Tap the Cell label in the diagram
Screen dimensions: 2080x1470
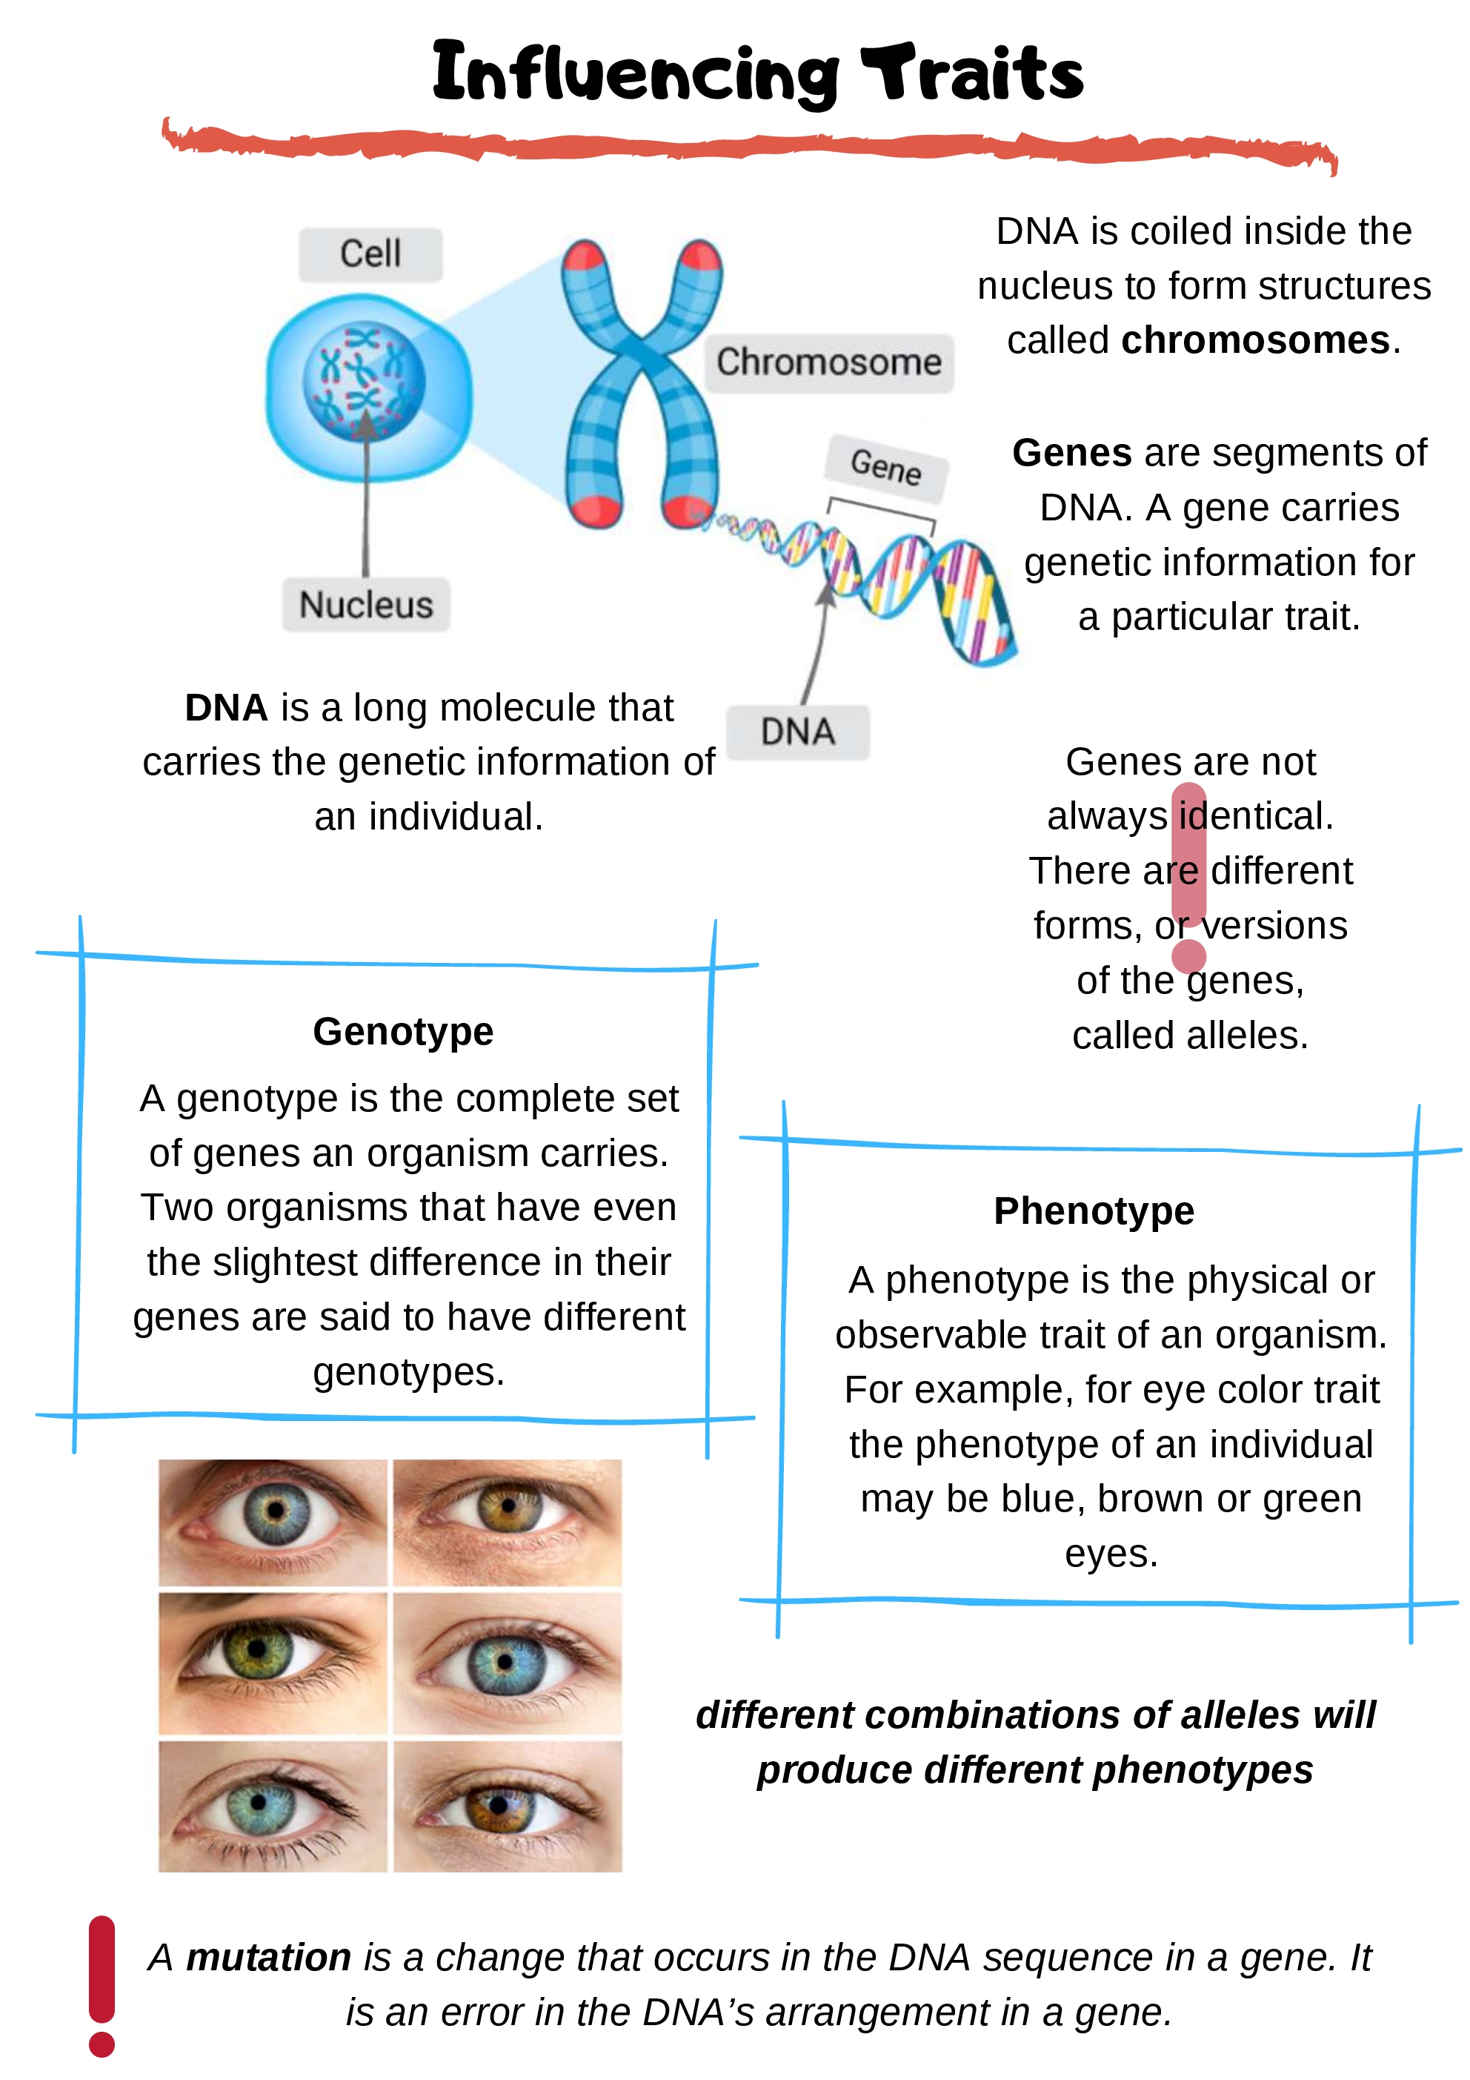[370, 254]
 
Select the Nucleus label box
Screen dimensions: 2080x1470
[366, 605]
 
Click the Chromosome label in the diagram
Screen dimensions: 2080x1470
[829, 362]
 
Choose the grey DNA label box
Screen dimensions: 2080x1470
[797, 732]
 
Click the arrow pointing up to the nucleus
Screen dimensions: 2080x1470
[366, 489]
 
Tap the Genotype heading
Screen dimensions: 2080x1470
[403, 1032]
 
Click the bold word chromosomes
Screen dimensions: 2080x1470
[1255, 341]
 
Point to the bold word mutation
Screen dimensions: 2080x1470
[268, 1958]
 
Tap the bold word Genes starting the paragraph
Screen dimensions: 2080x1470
[1071, 453]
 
